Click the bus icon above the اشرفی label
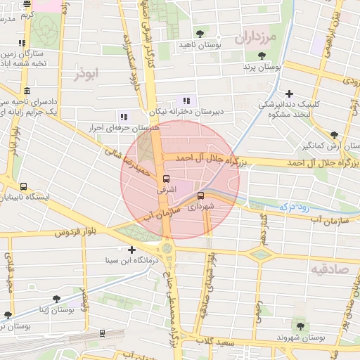click(x=166, y=179)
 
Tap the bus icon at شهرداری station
click(x=201, y=196)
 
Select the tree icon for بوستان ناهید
click(x=200, y=33)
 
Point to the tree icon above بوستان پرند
click(x=262, y=56)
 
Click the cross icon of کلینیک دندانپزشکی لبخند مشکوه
click(x=289, y=94)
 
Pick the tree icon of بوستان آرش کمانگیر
click(x=334, y=136)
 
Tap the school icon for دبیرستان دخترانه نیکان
click(x=186, y=101)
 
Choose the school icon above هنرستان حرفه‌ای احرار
click(x=124, y=117)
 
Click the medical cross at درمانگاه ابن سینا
click(x=131, y=250)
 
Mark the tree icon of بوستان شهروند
click(x=301, y=326)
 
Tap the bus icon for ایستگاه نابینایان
click(x=25, y=187)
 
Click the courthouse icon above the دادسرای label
click(x=27, y=91)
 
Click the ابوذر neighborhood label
click(x=86, y=72)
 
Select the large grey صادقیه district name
click(x=328, y=269)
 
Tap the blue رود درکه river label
click(x=295, y=207)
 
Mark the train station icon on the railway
click(x=103, y=334)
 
